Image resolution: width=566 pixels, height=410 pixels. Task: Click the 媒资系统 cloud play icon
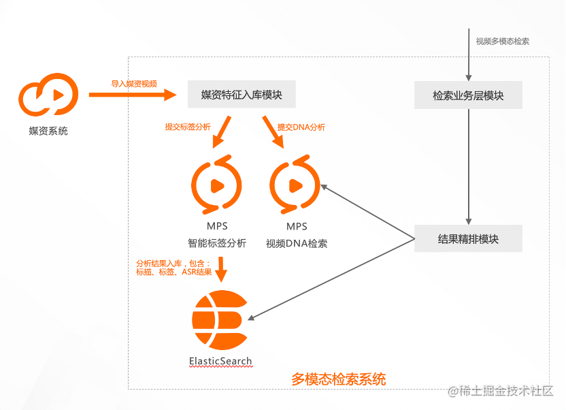pyautogui.click(x=48, y=96)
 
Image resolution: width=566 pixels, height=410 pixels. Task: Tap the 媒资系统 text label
pyautogui.click(x=48, y=131)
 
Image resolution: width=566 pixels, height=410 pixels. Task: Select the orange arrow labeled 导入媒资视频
pyautogui.click(x=132, y=95)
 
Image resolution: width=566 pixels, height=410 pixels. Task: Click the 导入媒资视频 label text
pyautogui.click(x=134, y=84)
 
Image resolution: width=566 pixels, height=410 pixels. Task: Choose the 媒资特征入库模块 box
pyautogui.click(x=242, y=95)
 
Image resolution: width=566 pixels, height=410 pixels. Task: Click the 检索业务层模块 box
pyautogui.click(x=468, y=95)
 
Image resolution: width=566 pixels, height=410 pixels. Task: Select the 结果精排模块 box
pyautogui.click(x=468, y=239)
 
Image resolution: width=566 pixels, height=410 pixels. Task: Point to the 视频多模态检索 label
pyautogui.click(x=503, y=41)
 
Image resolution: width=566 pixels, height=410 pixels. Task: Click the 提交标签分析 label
pyautogui.click(x=188, y=127)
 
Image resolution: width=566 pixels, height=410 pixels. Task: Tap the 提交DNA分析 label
pyautogui.click(x=301, y=127)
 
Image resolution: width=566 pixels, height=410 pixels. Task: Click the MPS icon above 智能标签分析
pyautogui.click(x=216, y=185)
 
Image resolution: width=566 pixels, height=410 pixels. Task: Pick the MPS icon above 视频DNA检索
pyautogui.click(x=295, y=185)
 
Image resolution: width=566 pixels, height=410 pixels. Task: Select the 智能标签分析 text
pyautogui.click(x=217, y=243)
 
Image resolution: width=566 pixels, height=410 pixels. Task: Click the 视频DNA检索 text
pyautogui.click(x=297, y=243)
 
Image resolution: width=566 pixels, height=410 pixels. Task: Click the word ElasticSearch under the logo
pyautogui.click(x=220, y=361)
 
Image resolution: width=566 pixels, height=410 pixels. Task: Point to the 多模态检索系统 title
pyautogui.click(x=338, y=379)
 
